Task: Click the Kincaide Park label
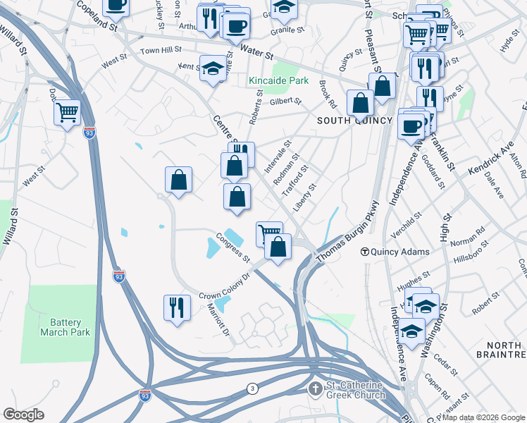point(278,81)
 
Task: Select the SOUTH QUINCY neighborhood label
point(354,121)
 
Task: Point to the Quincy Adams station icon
point(365,252)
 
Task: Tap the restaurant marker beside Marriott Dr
point(176,307)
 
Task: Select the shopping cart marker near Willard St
point(67,111)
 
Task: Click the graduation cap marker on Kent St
point(212,68)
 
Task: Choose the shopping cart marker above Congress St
point(269,232)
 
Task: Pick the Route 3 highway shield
point(252,388)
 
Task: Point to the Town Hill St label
point(161,51)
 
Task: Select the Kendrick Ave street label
point(497,161)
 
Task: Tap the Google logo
point(24,415)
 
